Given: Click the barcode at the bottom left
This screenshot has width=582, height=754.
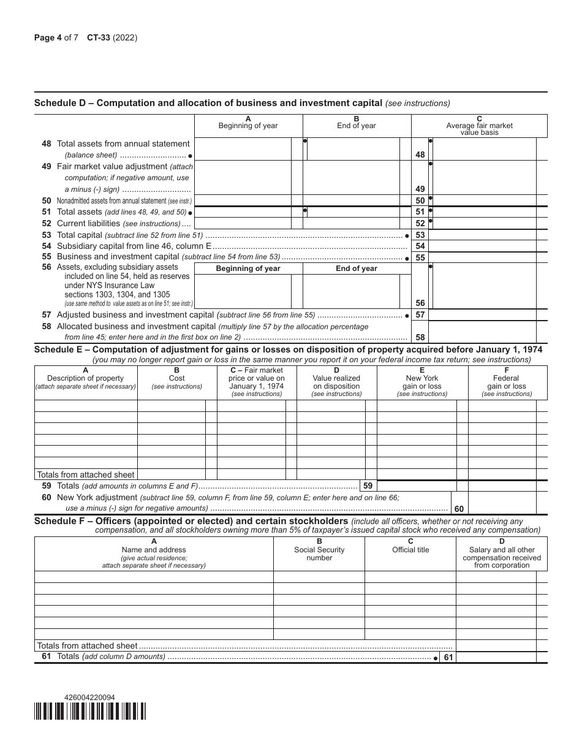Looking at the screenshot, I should click(90, 711).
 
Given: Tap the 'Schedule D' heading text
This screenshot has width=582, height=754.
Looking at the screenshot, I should click(208, 103).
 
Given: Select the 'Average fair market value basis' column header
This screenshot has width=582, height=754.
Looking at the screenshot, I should click(479, 126).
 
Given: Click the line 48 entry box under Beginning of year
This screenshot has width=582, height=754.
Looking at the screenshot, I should click(243, 149).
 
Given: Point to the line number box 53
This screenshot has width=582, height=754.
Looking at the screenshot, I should click(420, 235).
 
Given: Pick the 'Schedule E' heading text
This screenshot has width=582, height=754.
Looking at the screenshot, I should click(288, 349).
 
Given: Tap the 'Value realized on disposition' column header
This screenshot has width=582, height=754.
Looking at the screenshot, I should click(336, 383).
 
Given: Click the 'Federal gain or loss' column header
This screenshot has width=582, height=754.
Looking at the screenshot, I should click(507, 383).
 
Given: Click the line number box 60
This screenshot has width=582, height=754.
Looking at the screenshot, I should click(459, 508).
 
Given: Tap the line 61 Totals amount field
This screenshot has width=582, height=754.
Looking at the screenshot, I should click(496, 657).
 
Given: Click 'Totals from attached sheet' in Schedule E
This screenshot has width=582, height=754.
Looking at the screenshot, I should click(86, 474).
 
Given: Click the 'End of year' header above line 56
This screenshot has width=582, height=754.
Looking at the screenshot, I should click(357, 268).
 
